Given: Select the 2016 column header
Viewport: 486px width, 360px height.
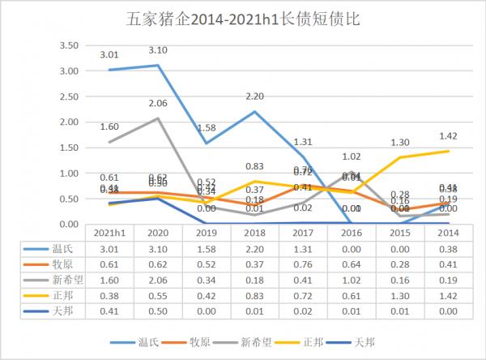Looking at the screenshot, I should (x=352, y=232).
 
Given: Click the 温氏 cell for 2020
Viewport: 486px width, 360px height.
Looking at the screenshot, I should (x=159, y=249).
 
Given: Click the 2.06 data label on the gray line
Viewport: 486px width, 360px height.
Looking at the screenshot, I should (x=159, y=104).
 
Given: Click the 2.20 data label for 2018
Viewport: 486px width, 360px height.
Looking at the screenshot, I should (x=255, y=96).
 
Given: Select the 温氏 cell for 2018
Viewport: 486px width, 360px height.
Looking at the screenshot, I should (x=255, y=249).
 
